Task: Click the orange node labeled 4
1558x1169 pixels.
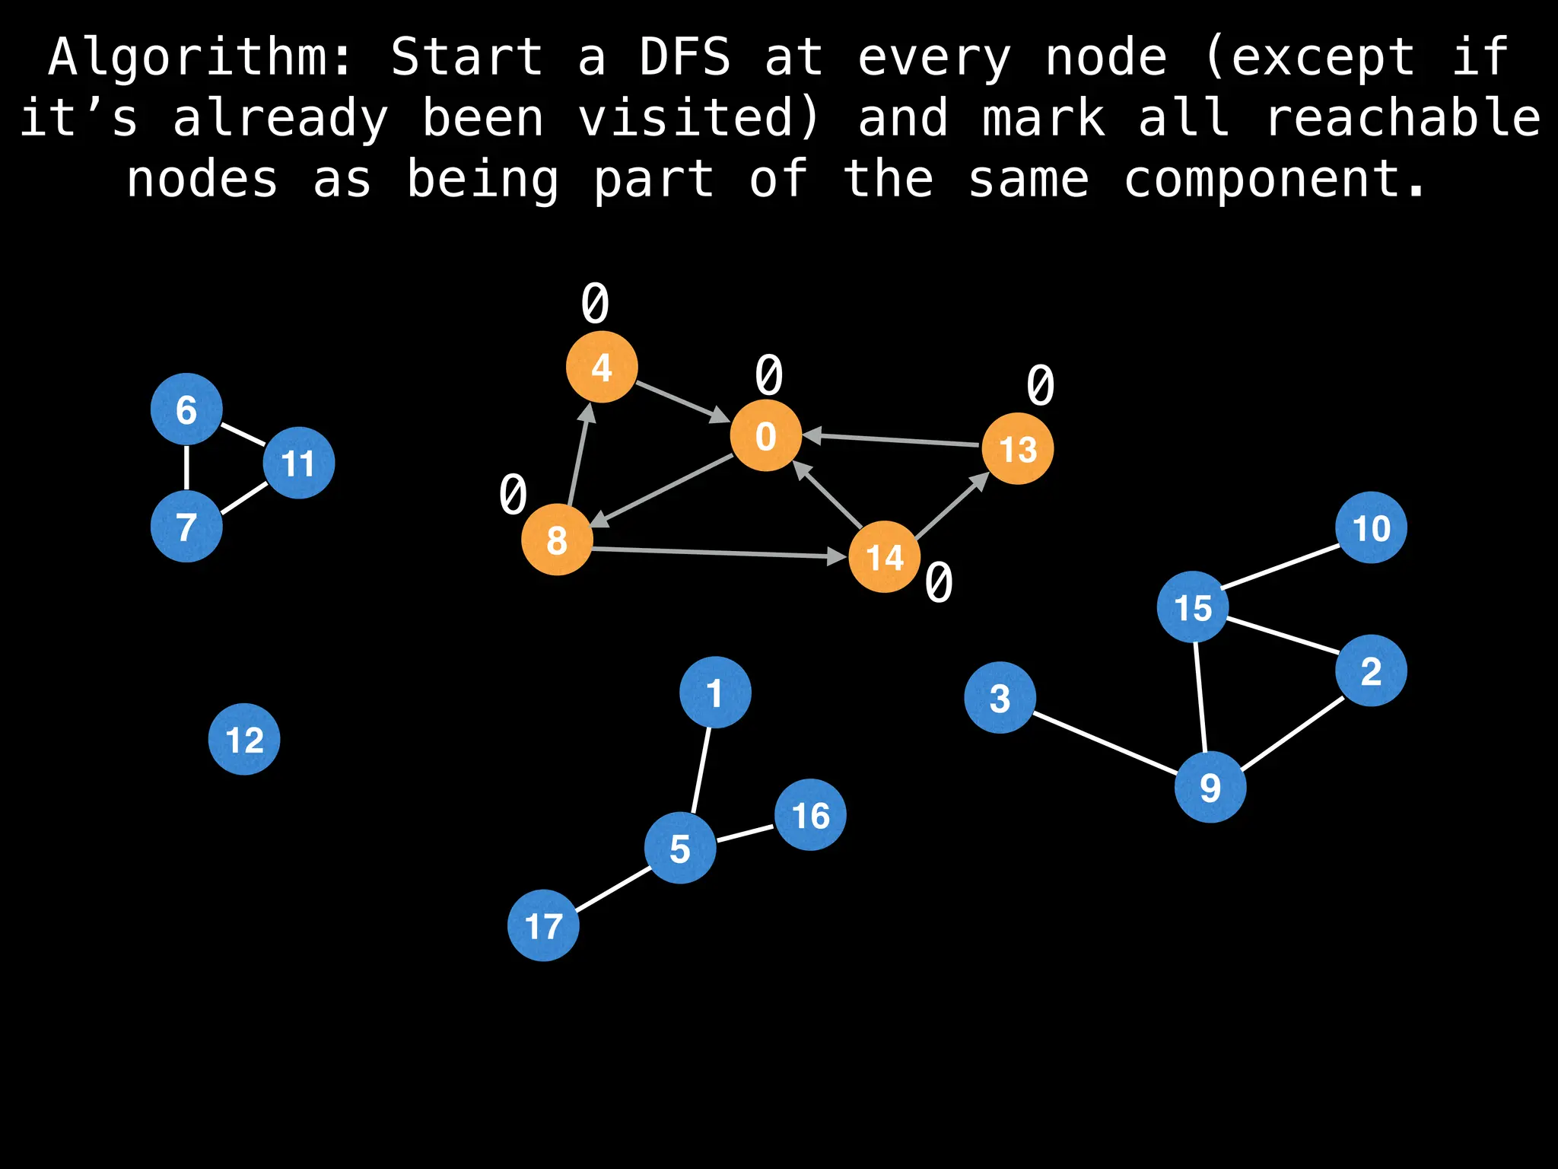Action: (x=602, y=367)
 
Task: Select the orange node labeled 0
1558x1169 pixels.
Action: (x=765, y=435)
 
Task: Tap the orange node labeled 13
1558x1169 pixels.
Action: (x=1017, y=449)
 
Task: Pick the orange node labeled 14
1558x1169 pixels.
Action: (x=884, y=557)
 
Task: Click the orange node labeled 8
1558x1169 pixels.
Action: (x=557, y=540)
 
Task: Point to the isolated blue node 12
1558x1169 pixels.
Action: (x=244, y=739)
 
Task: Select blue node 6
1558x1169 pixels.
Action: (x=186, y=409)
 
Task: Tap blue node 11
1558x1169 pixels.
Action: (x=299, y=463)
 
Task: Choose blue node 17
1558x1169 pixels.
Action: (x=543, y=925)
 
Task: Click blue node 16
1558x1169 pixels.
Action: (x=810, y=815)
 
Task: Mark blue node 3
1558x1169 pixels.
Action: (x=1000, y=698)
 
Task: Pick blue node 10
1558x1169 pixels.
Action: (x=1371, y=527)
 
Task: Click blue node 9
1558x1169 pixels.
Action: (x=1210, y=787)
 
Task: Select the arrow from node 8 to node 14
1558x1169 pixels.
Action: (x=719, y=553)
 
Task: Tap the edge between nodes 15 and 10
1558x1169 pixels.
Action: (x=1281, y=566)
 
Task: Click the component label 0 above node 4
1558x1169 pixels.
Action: (x=595, y=304)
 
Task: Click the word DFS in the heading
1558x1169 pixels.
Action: (x=685, y=57)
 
